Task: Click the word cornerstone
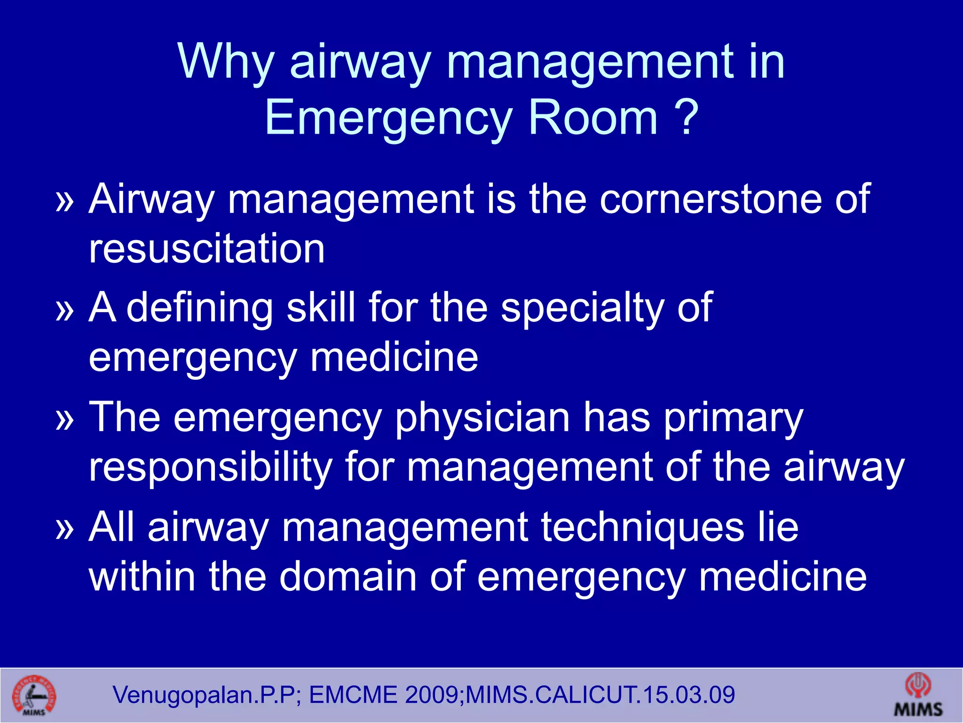710,199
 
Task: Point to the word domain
348,577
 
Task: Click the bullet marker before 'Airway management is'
65,201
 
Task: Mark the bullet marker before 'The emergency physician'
65,420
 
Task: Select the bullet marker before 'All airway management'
65,529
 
